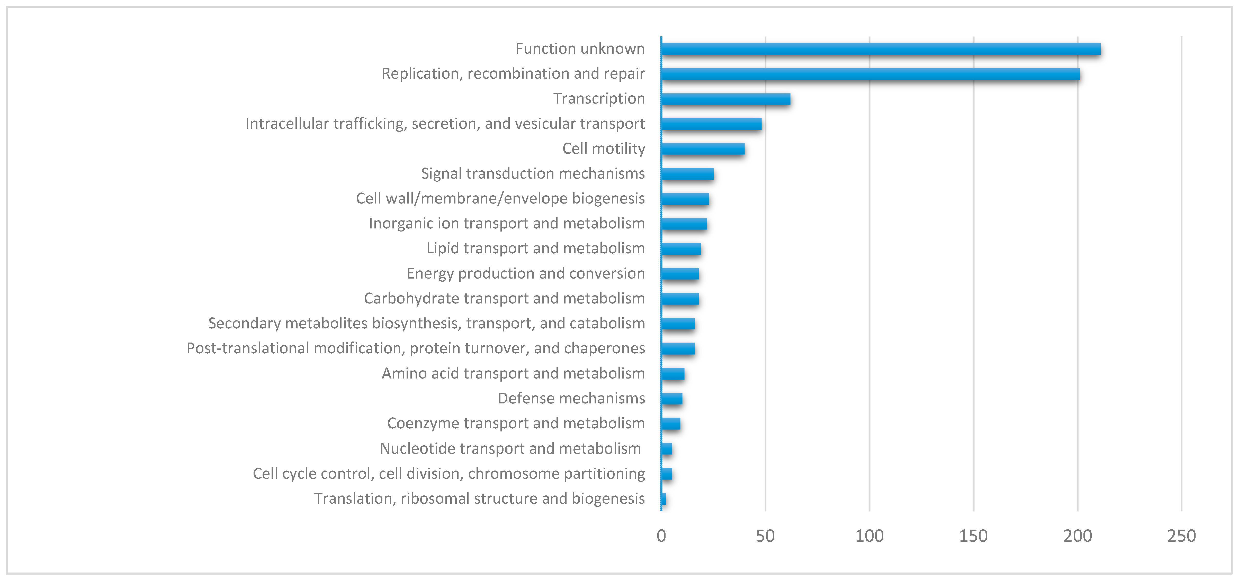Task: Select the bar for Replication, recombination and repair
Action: pyautogui.click(x=870, y=74)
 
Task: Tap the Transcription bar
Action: pyautogui.click(x=726, y=99)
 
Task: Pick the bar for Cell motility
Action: pyautogui.click(x=703, y=149)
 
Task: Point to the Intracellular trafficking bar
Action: pyautogui.click(x=711, y=124)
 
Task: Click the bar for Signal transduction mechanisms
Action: pyautogui.click(x=687, y=174)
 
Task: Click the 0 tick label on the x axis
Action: pyautogui.click(x=661, y=536)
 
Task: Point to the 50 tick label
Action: pyautogui.click(x=765, y=536)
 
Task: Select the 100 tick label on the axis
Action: pyautogui.click(x=869, y=536)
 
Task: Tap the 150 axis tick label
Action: pyautogui.click(x=973, y=536)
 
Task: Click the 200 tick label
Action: pyautogui.click(x=1078, y=536)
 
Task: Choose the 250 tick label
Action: pyautogui.click(x=1181, y=536)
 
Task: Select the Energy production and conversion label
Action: pyautogui.click(x=526, y=273)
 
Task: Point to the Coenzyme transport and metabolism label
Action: pyautogui.click(x=516, y=423)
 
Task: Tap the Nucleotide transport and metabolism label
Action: pyautogui.click(x=510, y=448)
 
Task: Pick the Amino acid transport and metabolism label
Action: pyautogui.click(x=513, y=373)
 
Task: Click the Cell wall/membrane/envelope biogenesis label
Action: pyautogui.click(x=500, y=198)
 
